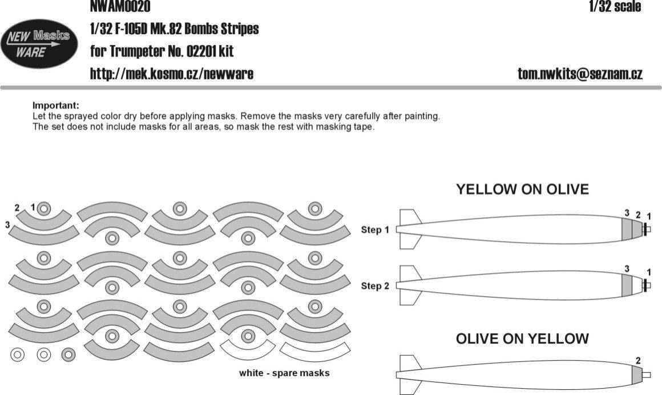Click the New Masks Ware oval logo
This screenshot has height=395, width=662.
point(38,45)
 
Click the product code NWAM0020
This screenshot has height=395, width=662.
point(120,6)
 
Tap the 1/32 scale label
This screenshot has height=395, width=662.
point(615,6)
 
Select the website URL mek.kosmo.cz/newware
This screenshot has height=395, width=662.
point(172,74)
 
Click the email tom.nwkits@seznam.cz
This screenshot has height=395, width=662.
point(580,74)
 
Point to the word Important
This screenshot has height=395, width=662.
point(55,106)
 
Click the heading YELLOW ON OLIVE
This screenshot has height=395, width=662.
point(522,190)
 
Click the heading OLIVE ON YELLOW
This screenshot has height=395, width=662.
point(522,338)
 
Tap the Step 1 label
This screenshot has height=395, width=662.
point(375,230)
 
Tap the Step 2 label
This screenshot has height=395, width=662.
point(375,286)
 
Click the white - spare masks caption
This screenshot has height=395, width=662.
point(284,373)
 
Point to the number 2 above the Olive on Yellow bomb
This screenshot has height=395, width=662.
point(637,360)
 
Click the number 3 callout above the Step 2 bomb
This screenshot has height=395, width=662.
point(627,268)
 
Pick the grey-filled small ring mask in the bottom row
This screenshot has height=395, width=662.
point(68,354)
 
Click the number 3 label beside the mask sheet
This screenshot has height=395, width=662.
point(8,225)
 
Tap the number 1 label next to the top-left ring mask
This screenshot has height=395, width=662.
point(33,206)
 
